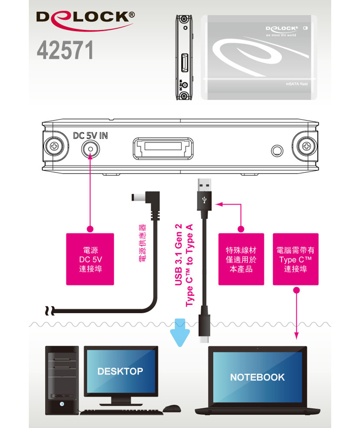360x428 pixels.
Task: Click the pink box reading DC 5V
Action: tap(90, 259)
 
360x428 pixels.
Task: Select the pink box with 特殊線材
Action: tap(241, 259)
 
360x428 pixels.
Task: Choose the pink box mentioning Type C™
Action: tap(296, 259)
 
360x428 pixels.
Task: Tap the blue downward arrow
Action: tap(181, 332)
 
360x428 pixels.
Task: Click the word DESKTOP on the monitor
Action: tap(120, 371)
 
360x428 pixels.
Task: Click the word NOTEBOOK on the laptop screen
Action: tap(257, 377)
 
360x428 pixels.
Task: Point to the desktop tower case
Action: tap(62, 379)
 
